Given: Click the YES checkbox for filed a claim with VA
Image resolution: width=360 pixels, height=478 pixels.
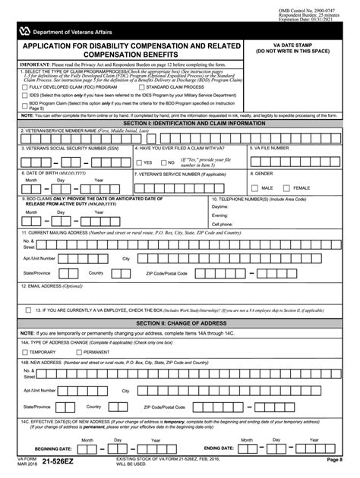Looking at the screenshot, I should (138, 162).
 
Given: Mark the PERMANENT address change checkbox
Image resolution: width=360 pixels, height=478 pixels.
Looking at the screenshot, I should (78, 352).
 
